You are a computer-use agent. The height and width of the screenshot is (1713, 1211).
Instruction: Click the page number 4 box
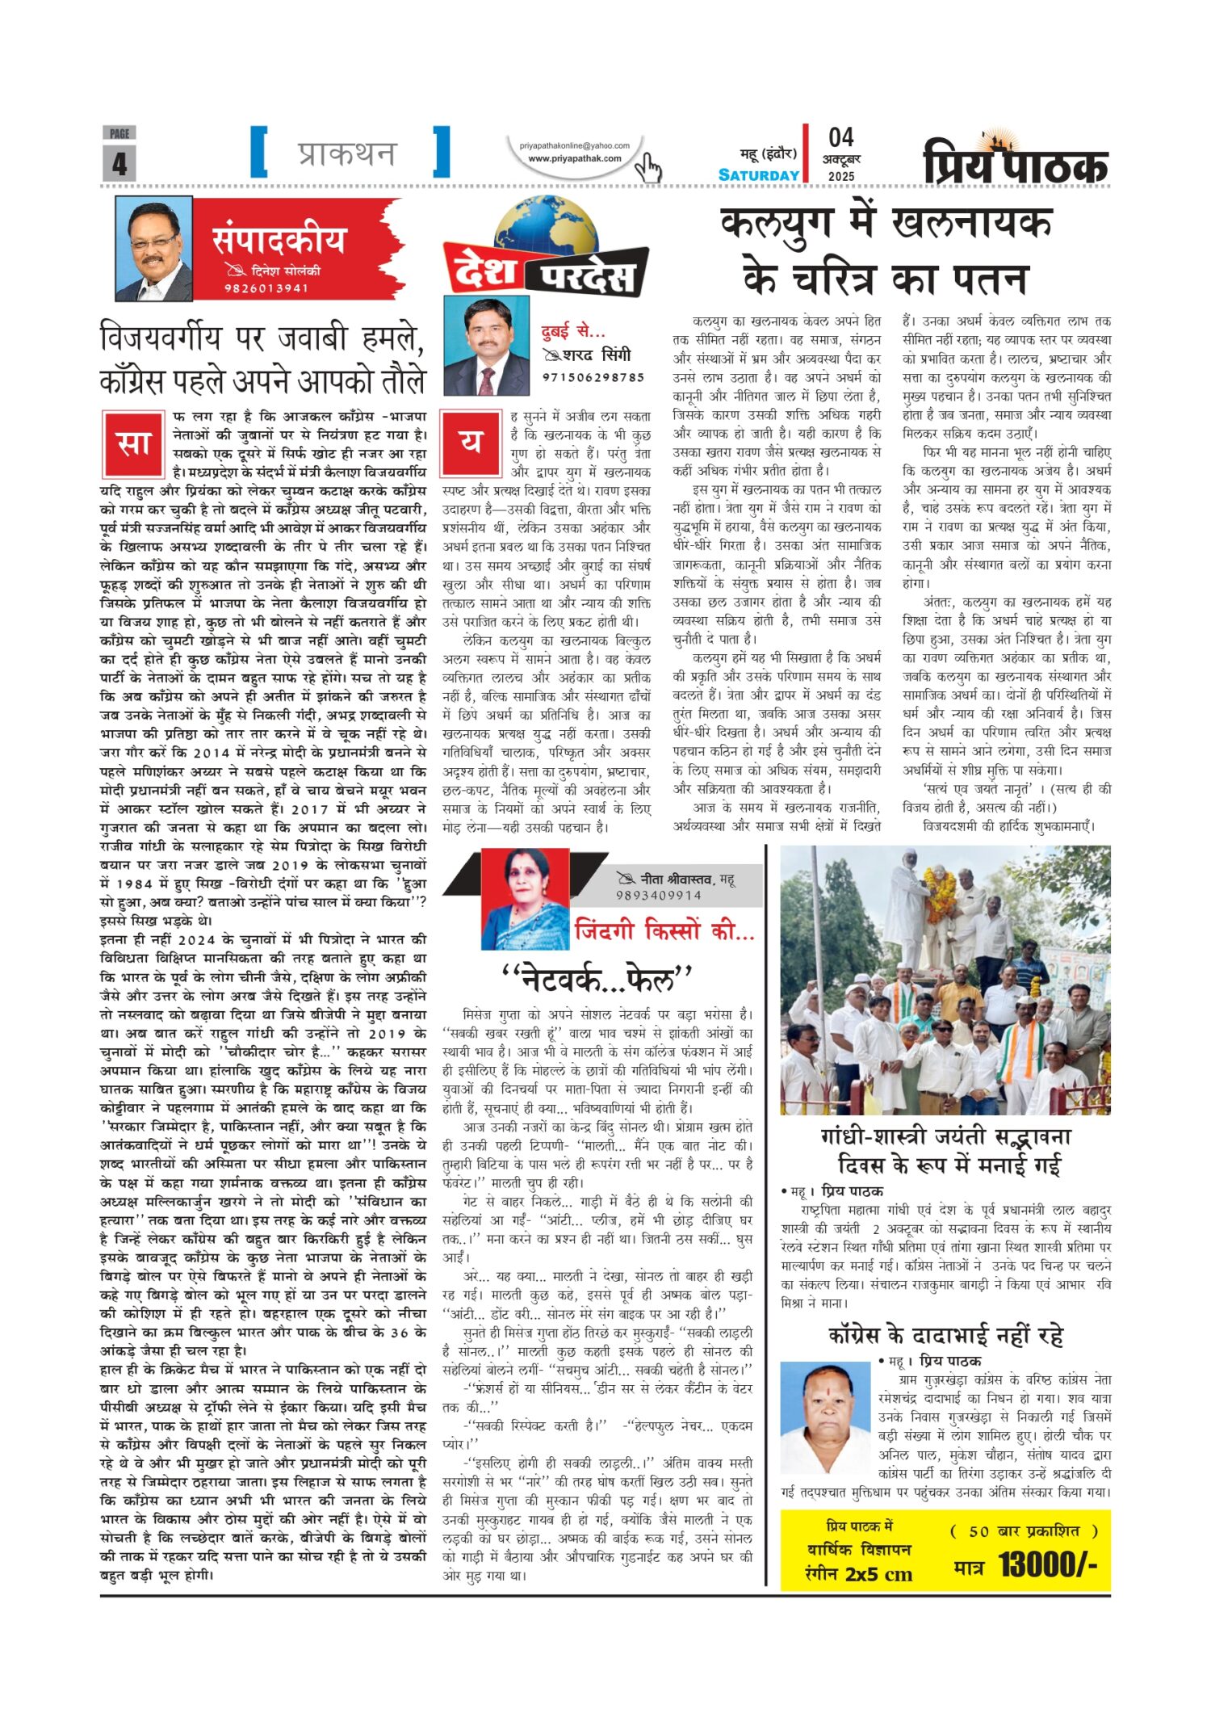[119, 162]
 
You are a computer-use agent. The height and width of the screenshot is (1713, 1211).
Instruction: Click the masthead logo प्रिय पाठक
[1016, 162]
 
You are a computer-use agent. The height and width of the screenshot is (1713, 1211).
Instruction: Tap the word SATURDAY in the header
[758, 175]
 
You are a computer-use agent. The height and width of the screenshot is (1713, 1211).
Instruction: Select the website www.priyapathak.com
[574, 159]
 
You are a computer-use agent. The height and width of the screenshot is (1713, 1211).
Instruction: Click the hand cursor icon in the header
[647, 168]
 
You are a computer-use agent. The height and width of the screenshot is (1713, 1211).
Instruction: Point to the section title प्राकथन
[346, 153]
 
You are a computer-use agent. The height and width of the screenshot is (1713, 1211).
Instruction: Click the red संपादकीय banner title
[279, 240]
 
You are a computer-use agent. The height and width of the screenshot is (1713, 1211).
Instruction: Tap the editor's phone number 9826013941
[266, 288]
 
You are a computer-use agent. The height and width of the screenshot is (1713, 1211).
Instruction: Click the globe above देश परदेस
[546, 230]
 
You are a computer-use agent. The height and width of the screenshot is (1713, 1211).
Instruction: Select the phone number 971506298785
[593, 377]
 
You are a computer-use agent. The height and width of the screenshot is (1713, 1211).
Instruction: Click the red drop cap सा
[133, 444]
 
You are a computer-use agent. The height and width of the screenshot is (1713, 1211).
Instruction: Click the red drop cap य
[471, 443]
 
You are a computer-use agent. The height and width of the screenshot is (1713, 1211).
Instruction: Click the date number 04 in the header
[840, 137]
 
